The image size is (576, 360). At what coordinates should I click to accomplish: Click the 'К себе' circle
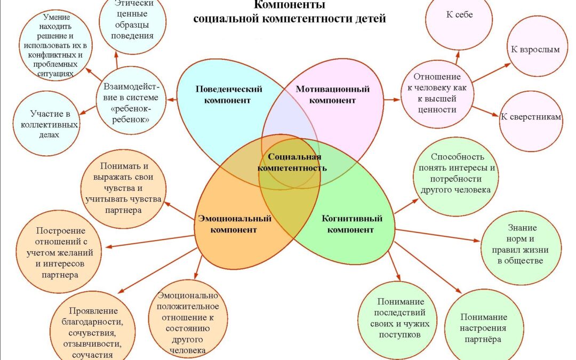click(459, 21)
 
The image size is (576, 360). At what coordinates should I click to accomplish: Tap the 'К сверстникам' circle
click(531, 119)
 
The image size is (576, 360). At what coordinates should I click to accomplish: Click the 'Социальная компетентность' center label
click(292, 162)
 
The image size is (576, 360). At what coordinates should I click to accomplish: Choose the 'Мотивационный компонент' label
click(332, 94)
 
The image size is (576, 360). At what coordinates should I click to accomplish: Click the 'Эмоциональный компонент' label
click(234, 224)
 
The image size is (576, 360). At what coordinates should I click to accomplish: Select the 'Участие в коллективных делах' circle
click(46, 123)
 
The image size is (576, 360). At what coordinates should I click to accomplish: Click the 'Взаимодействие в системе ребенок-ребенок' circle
click(131, 100)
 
